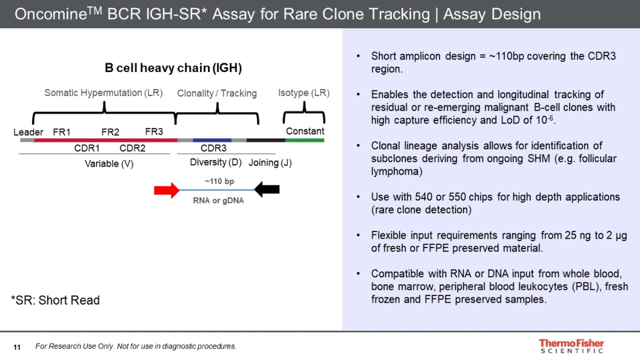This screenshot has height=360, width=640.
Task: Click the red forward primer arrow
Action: coord(166,190)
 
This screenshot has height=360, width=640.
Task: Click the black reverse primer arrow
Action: coord(267,189)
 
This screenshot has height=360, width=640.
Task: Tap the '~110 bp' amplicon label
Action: coord(219,181)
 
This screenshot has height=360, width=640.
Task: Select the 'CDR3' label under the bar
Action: coord(213,148)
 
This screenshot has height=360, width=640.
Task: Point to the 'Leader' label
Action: coord(28,132)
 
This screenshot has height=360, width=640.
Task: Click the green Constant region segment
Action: coord(304,140)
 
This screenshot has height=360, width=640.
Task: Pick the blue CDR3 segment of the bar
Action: coord(212,140)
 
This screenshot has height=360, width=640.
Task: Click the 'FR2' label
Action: coord(110,132)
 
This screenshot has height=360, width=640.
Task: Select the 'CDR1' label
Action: coord(87,148)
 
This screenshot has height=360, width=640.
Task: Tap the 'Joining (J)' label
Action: coord(270,163)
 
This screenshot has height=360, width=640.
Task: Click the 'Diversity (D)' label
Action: coord(215,162)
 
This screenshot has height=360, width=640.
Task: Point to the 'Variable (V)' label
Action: coord(109,163)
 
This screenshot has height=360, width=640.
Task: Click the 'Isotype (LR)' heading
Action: coord(303,93)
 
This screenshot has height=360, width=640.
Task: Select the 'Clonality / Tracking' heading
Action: coord(217,93)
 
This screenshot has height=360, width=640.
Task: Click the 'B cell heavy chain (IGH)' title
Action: coord(173,68)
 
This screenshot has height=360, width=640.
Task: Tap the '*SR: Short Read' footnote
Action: coord(55,300)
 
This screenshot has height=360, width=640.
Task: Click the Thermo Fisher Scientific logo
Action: coord(571,346)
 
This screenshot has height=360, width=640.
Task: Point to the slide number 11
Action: coord(17,347)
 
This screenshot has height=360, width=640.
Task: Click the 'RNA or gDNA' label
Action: coord(218,201)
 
